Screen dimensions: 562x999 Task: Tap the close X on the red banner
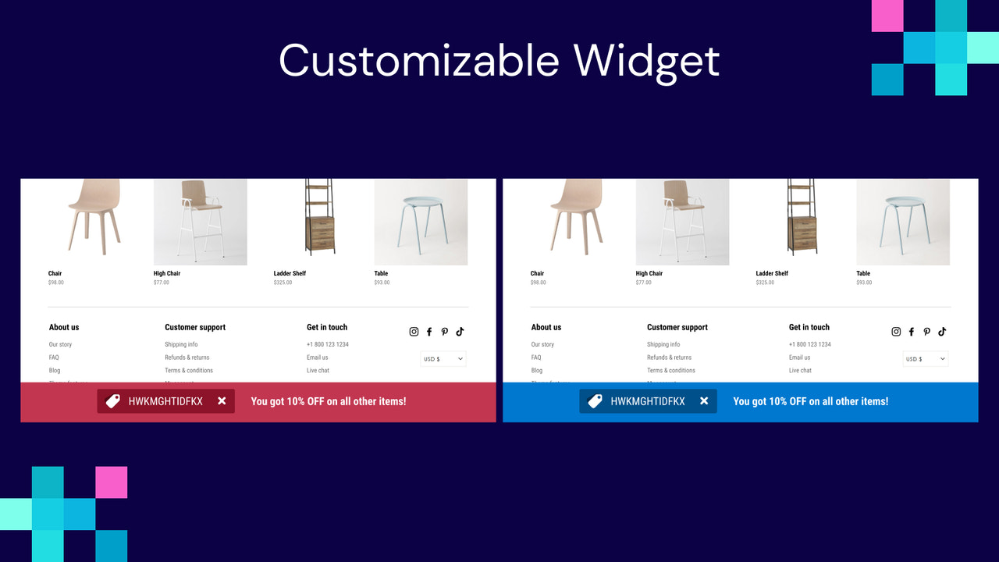(x=222, y=401)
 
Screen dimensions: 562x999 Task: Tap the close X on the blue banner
(x=704, y=401)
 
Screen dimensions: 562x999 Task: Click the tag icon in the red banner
(x=113, y=401)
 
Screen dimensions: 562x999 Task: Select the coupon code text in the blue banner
(x=648, y=401)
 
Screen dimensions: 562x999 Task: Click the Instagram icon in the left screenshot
(x=414, y=332)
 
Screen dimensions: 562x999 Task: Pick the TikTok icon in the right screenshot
(x=942, y=332)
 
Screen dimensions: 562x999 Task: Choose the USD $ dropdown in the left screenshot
(x=443, y=359)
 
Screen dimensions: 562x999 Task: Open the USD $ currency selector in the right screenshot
(x=926, y=359)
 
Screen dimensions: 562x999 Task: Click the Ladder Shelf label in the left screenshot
(x=290, y=274)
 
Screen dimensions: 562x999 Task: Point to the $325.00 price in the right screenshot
(x=766, y=283)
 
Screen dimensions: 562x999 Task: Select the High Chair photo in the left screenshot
(x=201, y=222)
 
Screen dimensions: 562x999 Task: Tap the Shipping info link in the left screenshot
(x=181, y=344)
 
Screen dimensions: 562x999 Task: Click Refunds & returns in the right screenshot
(x=669, y=357)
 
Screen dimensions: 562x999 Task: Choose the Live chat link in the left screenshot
(x=318, y=371)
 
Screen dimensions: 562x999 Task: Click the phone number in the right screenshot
(x=809, y=344)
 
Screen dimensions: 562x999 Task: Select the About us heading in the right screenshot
(x=546, y=328)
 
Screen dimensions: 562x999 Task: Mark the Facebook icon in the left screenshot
(x=429, y=332)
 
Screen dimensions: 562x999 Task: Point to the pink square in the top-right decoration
(x=887, y=16)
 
